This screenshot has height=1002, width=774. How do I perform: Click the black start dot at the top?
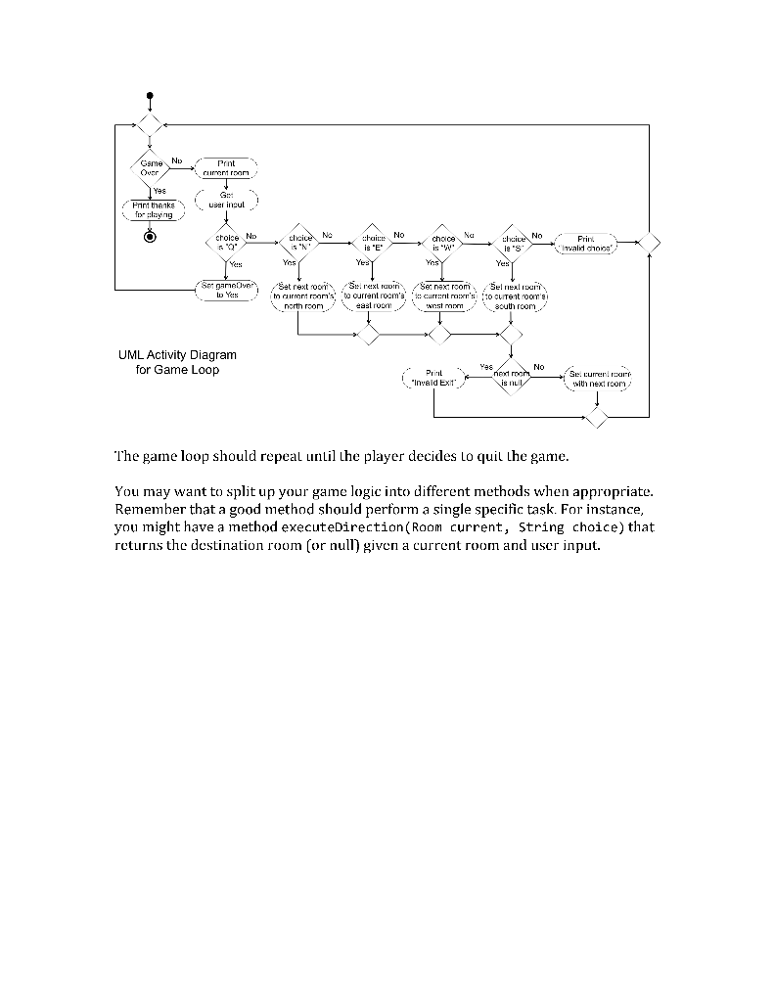tap(149, 95)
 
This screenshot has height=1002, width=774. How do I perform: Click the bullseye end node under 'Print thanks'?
tap(149, 236)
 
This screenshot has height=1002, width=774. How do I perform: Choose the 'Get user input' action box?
tap(226, 201)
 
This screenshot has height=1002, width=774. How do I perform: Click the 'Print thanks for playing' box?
tap(149, 207)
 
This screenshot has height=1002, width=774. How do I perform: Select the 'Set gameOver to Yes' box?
tap(226, 290)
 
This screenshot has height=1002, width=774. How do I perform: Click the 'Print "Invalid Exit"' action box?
tap(434, 377)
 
